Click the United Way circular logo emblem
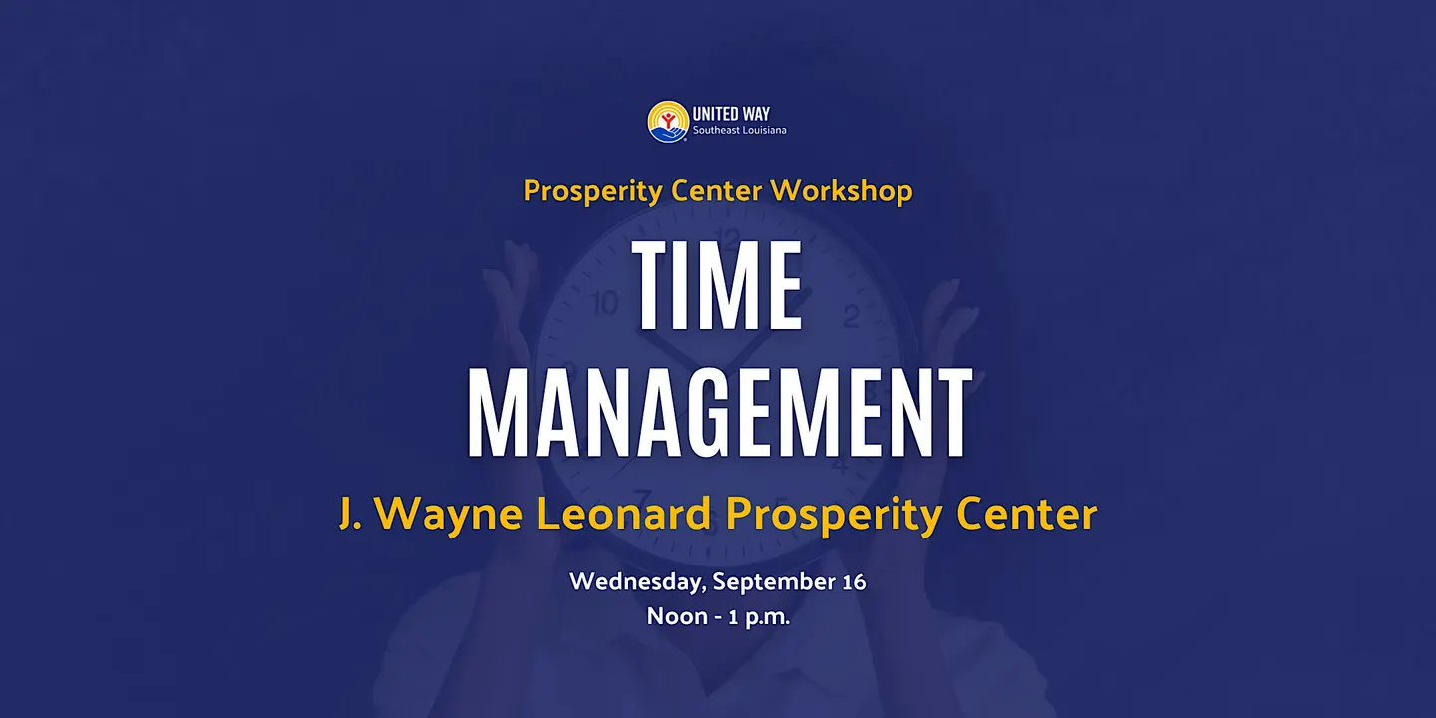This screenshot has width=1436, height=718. (668, 122)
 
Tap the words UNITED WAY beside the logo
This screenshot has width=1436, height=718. (731, 114)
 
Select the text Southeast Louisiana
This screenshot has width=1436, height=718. (739, 130)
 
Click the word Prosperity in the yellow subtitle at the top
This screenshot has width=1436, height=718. (592, 191)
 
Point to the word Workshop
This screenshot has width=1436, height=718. (841, 191)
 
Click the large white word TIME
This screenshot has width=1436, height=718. (717, 285)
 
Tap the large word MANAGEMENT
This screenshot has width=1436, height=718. (720, 412)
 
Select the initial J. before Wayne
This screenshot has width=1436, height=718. (350, 515)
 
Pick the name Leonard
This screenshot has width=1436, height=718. (624, 515)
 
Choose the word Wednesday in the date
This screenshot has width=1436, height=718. (638, 582)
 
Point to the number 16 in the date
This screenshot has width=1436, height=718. (854, 582)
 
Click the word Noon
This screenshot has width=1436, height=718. (677, 616)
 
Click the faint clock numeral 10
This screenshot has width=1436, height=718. (603, 303)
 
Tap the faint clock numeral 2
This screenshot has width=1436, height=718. (851, 316)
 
